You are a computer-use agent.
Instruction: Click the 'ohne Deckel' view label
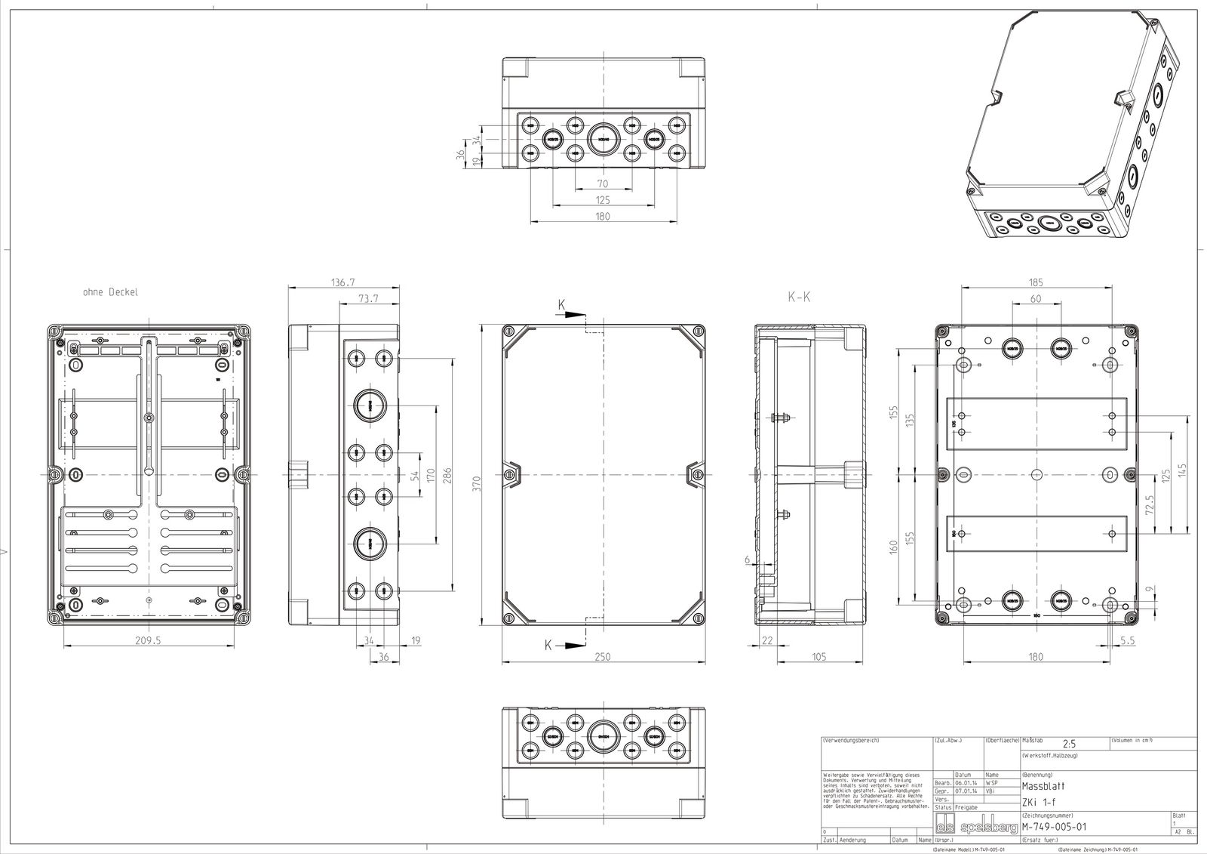click(x=111, y=291)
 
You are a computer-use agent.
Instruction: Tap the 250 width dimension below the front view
click(x=603, y=657)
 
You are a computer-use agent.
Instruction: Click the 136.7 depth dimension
click(x=343, y=282)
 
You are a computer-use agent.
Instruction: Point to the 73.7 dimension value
click(x=367, y=300)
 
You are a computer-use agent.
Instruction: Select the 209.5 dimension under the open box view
click(x=149, y=640)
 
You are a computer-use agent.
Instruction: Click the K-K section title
click(x=800, y=298)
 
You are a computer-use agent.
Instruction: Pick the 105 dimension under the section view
click(x=818, y=657)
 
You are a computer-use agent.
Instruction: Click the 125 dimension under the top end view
click(x=603, y=200)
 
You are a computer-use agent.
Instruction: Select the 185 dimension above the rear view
click(x=1036, y=282)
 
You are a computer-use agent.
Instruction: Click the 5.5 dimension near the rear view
click(x=1129, y=640)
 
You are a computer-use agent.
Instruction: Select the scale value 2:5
click(x=1069, y=744)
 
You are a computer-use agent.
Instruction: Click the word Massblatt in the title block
click(x=1039, y=786)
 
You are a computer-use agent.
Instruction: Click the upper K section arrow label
click(x=562, y=305)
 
